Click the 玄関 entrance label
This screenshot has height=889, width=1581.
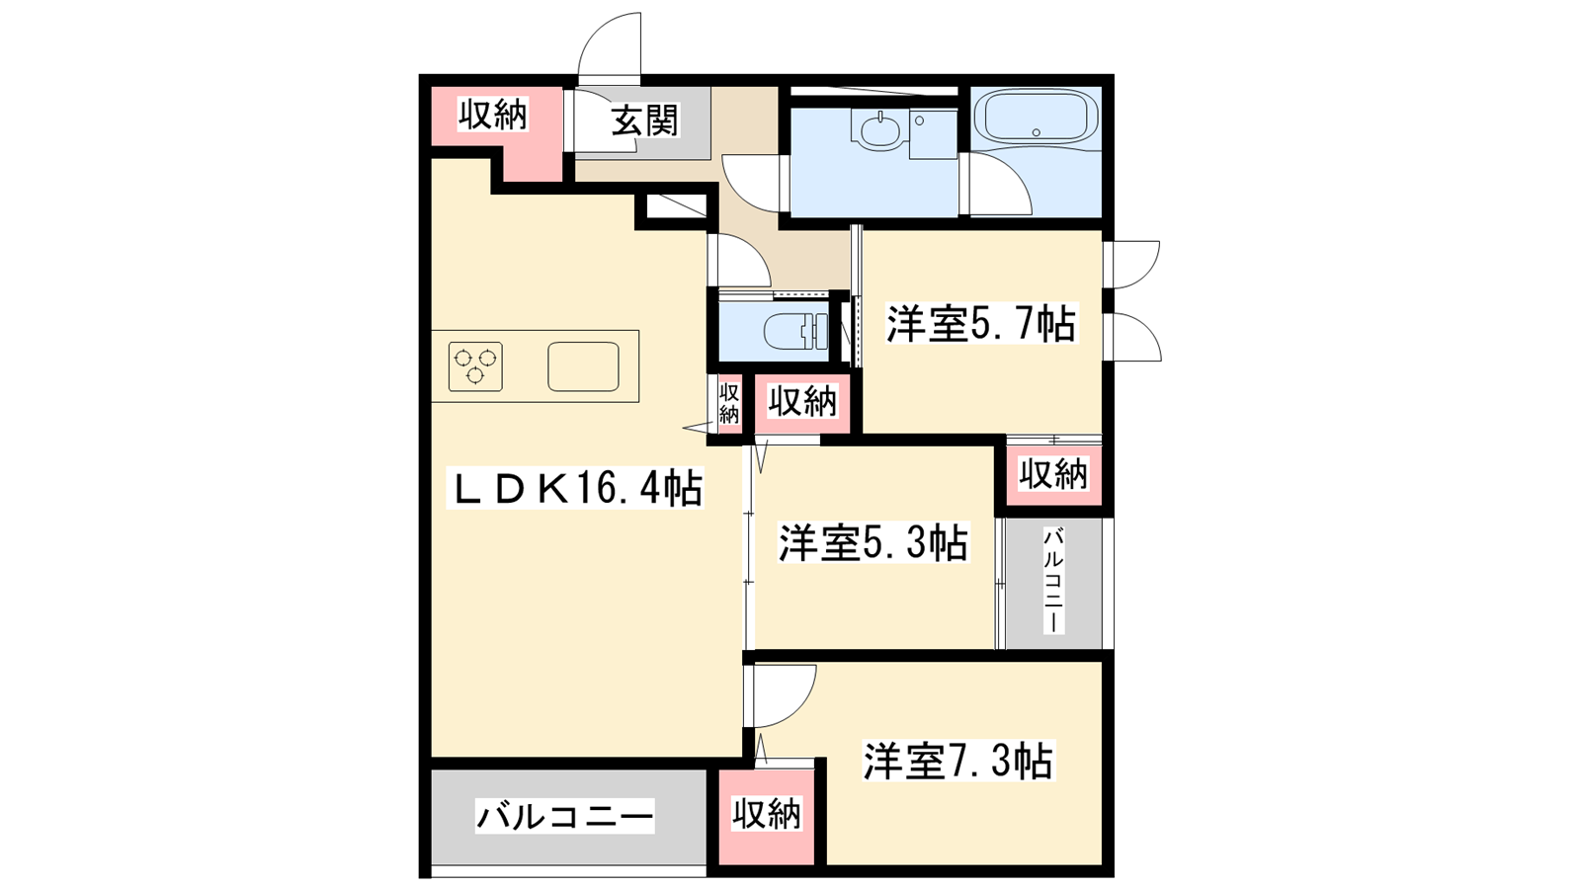644,121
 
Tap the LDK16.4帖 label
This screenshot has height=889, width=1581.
575,488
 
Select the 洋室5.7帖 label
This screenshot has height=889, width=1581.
981,324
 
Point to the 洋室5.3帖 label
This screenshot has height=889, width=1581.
874,542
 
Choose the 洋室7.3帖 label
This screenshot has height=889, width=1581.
958,761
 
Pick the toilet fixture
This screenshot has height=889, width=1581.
796,332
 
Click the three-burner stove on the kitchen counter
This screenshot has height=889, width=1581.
475,366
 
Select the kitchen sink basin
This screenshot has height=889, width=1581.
584,366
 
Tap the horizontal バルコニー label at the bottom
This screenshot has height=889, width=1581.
564,817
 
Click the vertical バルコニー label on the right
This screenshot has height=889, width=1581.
1053,582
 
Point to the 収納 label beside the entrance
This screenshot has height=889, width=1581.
493,115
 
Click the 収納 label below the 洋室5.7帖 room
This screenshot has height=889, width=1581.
1053,473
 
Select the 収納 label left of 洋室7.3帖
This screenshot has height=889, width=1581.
767,815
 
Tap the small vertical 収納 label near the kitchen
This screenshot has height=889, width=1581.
729,403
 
